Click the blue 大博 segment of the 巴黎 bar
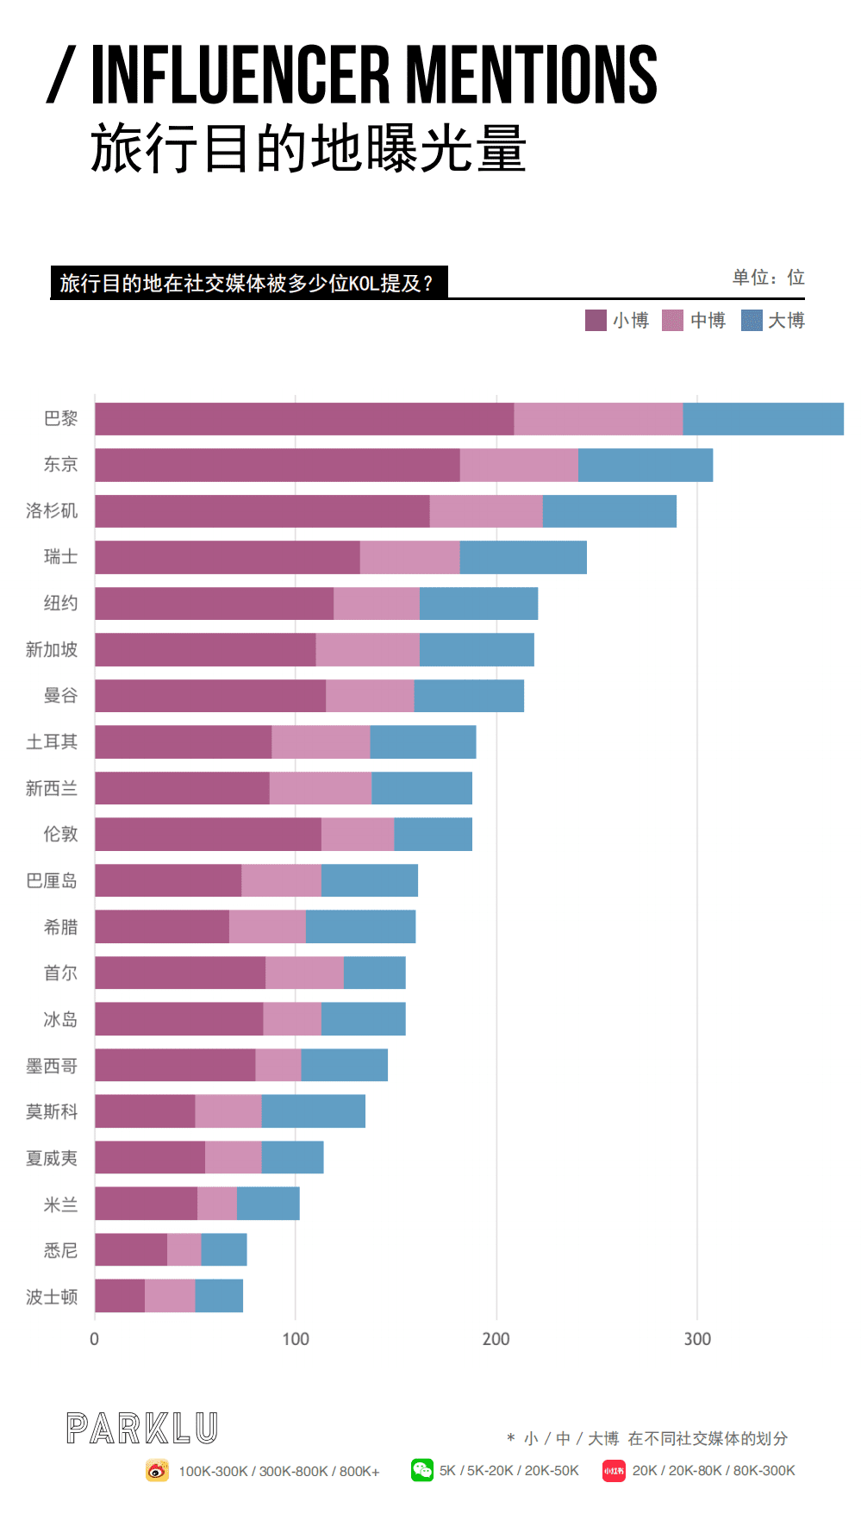763,419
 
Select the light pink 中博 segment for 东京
519,466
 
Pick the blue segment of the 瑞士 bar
523,558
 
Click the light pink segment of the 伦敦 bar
358,835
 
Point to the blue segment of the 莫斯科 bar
313,1111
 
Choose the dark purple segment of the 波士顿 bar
120,1296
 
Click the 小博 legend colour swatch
596,321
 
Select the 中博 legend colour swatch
672,321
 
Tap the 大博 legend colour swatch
752,321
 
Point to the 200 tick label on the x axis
496,1339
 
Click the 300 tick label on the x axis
697,1339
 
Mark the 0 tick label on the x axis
95,1339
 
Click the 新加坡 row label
52,650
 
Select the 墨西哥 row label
52,1066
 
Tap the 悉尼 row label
60,1250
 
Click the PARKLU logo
142,1429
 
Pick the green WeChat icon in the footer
422,1470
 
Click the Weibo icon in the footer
157,1470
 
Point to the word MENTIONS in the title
531,75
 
